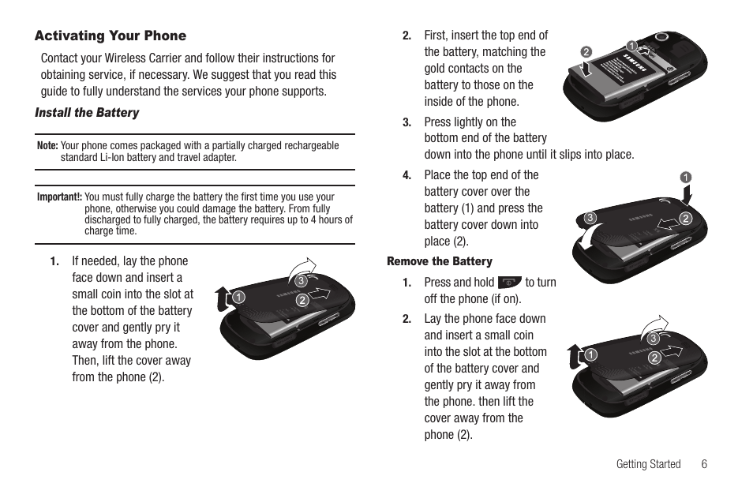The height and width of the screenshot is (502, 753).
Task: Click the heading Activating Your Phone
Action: (x=111, y=36)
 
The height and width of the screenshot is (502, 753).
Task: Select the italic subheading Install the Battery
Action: (x=87, y=113)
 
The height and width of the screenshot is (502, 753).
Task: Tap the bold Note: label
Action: (x=47, y=146)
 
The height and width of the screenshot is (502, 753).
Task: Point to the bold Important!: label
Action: (x=59, y=197)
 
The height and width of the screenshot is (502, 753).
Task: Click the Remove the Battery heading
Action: (x=439, y=261)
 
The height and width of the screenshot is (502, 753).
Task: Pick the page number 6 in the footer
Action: (x=703, y=464)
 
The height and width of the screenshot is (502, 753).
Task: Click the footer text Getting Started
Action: (x=648, y=464)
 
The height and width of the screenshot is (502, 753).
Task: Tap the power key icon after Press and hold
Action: (x=510, y=283)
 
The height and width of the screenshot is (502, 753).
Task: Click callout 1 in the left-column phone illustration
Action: (x=235, y=298)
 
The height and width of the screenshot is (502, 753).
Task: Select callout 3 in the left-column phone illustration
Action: (x=300, y=281)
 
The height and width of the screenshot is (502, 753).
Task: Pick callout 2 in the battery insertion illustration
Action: (x=586, y=52)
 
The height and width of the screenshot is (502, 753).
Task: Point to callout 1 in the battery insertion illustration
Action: (x=631, y=45)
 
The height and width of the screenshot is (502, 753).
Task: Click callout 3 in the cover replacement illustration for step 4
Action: (x=589, y=218)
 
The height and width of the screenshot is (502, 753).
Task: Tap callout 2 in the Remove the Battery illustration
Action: (x=654, y=358)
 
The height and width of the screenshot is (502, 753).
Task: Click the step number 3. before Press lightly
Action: (x=406, y=122)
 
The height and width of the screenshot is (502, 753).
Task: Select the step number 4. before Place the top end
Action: (x=406, y=175)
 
